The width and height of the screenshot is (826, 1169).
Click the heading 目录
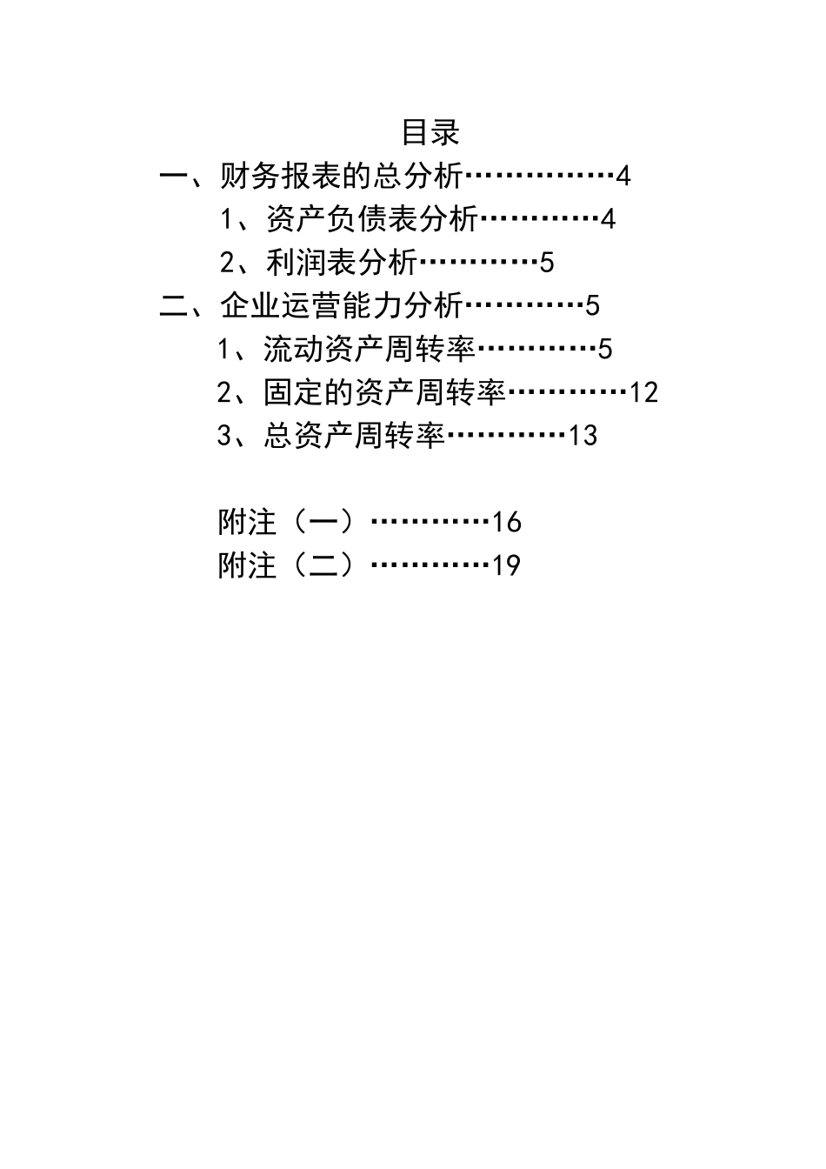[430, 132]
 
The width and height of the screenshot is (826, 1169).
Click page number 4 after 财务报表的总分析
[623, 176]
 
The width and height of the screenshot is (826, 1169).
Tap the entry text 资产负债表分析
[372, 219]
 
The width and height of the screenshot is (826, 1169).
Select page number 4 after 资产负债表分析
[608, 219]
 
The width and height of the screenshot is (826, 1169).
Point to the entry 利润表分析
[342, 263]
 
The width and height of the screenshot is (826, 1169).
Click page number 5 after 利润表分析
[546, 263]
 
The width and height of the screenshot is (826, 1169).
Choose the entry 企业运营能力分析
[342, 305]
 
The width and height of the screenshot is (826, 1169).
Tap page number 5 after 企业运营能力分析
[592, 306]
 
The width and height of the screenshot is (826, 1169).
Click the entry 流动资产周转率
[370, 349]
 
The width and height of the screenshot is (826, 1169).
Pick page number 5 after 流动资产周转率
[605, 349]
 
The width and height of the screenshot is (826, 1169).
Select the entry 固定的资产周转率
[384, 392]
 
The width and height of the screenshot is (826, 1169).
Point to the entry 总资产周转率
[354, 435]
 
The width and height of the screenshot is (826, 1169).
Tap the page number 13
[583, 436]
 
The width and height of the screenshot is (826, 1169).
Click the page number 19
[507, 565]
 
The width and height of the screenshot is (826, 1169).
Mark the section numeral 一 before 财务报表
[174, 177]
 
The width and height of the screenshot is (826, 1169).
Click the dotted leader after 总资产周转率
[507, 434]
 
